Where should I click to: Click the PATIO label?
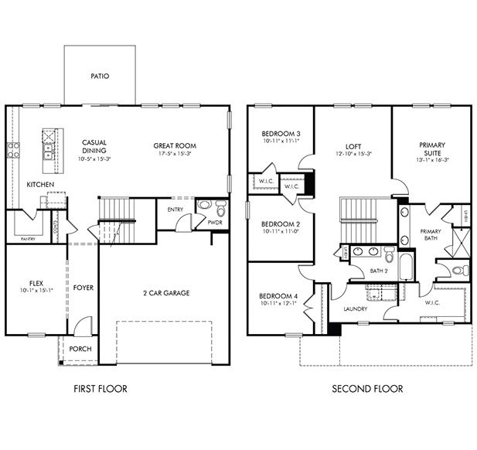point(100,77)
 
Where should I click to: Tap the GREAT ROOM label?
point(175,145)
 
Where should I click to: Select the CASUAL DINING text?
point(94,147)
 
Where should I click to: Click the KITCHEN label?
point(40,185)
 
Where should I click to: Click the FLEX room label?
point(36,283)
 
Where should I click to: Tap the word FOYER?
point(83,288)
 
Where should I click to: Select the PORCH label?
point(80,349)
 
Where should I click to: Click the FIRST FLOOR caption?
point(101,388)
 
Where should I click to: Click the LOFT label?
point(353,145)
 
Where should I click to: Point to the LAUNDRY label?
point(356,309)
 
